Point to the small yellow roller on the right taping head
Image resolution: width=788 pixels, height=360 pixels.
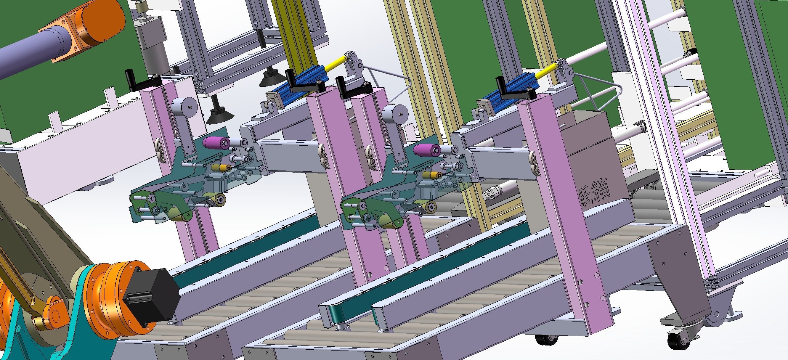431,175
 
